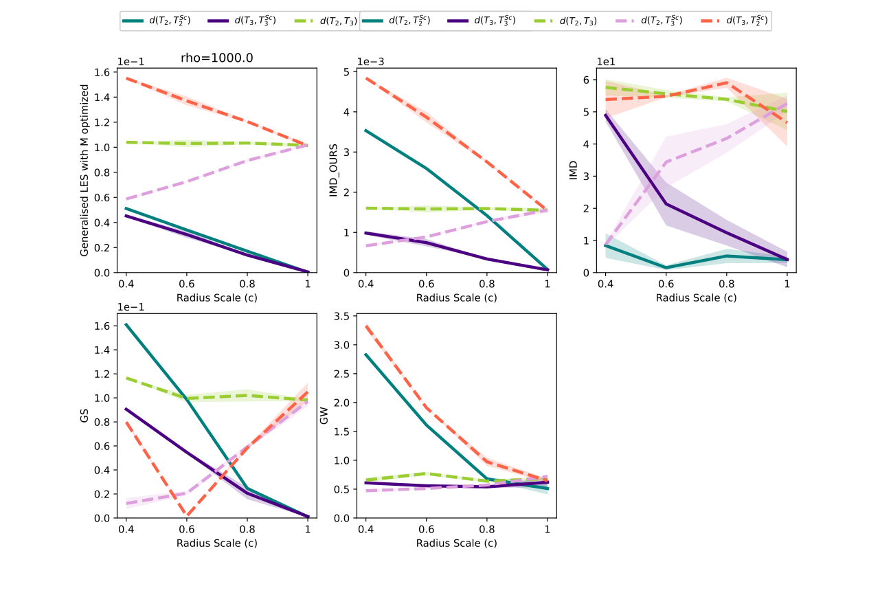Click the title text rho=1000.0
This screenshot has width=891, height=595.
216,58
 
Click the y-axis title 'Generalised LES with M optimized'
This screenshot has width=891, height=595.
85,170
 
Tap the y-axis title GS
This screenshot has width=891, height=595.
85,415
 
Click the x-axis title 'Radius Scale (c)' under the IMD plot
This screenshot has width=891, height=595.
696,297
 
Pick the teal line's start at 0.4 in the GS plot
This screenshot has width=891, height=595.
126,324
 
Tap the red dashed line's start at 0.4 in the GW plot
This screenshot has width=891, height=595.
365,326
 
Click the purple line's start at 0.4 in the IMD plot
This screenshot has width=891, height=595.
605,115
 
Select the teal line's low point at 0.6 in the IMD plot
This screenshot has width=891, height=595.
666,267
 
